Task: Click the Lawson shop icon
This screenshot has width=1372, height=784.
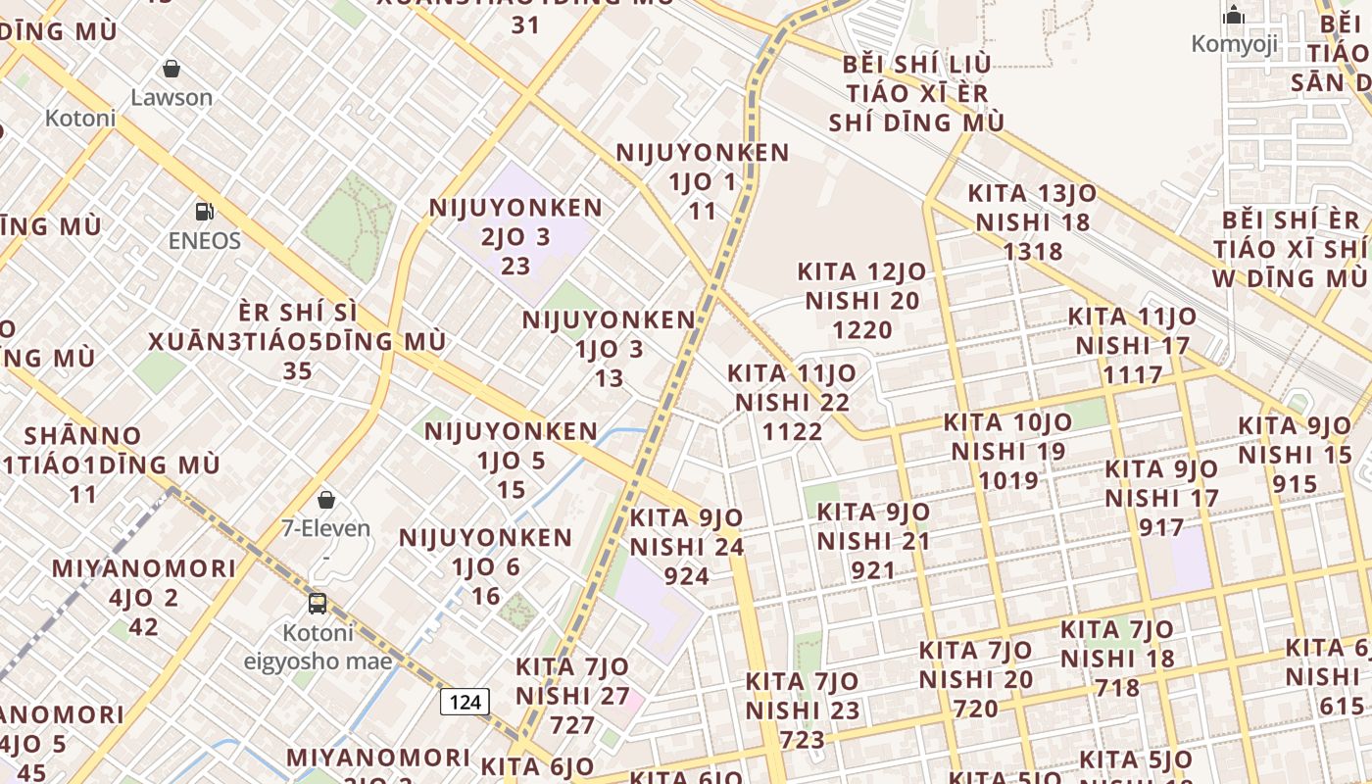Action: tap(171, 69)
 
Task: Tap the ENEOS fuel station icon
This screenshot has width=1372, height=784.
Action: tap(205, 212)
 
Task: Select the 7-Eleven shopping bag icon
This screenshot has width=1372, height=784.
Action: tap(326, 500)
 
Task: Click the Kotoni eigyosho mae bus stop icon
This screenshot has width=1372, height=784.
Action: tap(318, 603)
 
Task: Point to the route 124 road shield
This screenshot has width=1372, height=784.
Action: tap(465, 702)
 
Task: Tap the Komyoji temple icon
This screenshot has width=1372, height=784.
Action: tap(1234, 15)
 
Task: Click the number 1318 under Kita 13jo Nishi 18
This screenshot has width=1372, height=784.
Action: tap(1033, 252)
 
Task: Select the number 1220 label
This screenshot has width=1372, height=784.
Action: tap(861, 330)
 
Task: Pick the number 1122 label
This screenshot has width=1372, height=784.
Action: tap(793, 431)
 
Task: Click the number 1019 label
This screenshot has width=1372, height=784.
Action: tap(1008, 480)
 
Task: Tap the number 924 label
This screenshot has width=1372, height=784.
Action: tap(686, 575)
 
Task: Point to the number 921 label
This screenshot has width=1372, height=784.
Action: tap(873, 570)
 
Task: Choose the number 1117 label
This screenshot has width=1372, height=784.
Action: tap(1133, 374)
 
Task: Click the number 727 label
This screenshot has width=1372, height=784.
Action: tap(572, 725)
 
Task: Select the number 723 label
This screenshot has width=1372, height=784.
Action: tap(803, 740)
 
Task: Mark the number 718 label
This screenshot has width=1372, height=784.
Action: tap(1118, 688)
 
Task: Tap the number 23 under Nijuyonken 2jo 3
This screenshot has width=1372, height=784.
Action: tap(515, 266)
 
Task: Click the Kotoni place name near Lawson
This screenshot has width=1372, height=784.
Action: tap(80, 119)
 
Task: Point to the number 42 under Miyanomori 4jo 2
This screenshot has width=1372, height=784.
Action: tap(144, 627)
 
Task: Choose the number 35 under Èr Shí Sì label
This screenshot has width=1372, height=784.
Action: tap(297, 371)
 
